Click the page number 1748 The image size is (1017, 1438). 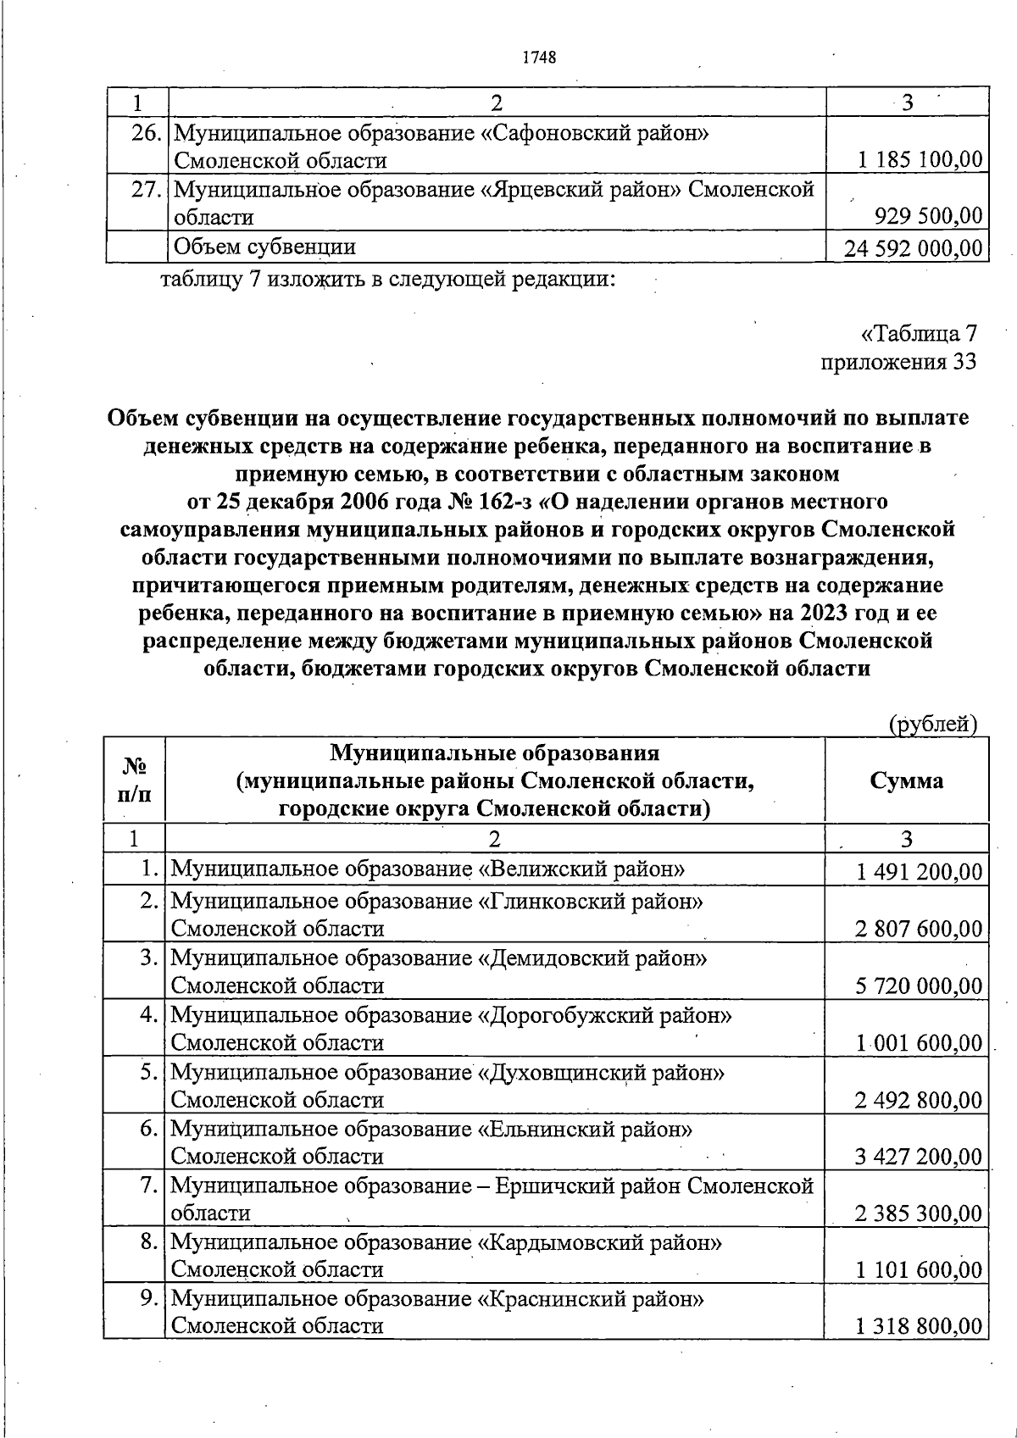pos(539,58)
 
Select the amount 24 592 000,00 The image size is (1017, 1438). pos(914,248)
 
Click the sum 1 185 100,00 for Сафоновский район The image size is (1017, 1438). pos(920,159)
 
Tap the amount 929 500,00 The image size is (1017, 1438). pos(928,217)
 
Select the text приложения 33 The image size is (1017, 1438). pos(898,362)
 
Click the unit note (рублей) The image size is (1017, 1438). pos(932,724)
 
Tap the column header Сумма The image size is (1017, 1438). pos(906,780)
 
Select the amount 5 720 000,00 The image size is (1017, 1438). pos(919,986)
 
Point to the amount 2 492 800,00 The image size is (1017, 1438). pos(919,1101)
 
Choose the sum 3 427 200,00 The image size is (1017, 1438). pos(919,1157)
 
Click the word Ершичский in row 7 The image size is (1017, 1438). pos(552,1185)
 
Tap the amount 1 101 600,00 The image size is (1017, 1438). pos(919,1270)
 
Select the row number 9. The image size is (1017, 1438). pos(149,1298)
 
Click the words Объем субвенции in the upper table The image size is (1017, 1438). pos(264,247)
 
